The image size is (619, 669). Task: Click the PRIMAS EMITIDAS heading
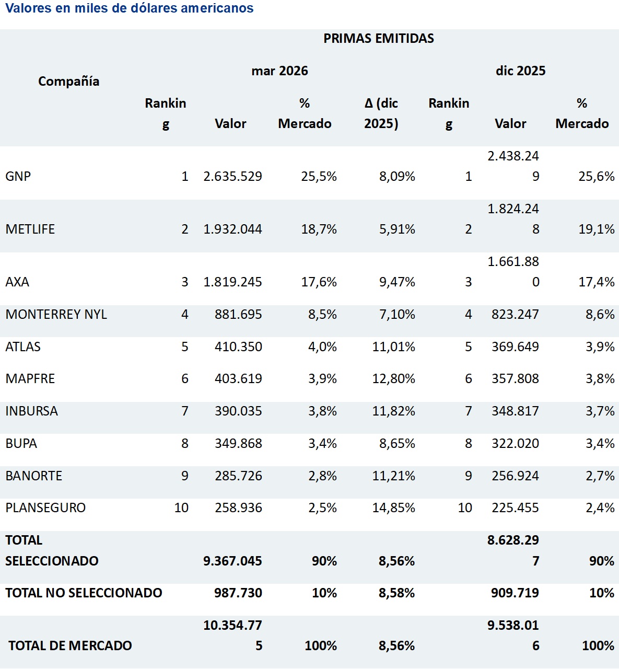coord(379,38)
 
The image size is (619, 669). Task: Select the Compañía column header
coord(69,81)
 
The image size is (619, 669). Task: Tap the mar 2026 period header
coord(279,71)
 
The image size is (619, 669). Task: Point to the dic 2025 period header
coord(520,71)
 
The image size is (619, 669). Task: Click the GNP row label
coord(18,176)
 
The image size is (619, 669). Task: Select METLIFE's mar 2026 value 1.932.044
coord(233,229)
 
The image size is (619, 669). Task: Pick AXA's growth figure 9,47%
coord(397,282)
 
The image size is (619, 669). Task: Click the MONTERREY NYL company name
coord(56,314)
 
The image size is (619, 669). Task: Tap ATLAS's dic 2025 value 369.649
coord(515,347)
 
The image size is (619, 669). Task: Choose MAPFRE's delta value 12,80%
coord(393,378)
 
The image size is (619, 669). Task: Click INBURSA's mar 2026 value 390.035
coord(238,411)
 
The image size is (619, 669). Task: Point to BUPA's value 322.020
coord(515,443)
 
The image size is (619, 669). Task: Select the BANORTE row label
coord(33,476)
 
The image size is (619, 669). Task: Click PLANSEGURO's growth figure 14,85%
coord(393,507)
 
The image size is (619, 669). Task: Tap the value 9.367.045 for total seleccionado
coord(233,561)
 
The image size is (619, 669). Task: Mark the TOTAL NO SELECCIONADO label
coord(84,593)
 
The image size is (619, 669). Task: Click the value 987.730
coord(238,593)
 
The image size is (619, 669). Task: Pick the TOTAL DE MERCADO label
coord(70,645)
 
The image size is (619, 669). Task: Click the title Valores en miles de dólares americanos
coord(130,8)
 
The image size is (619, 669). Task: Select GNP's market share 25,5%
coord(319,176)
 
